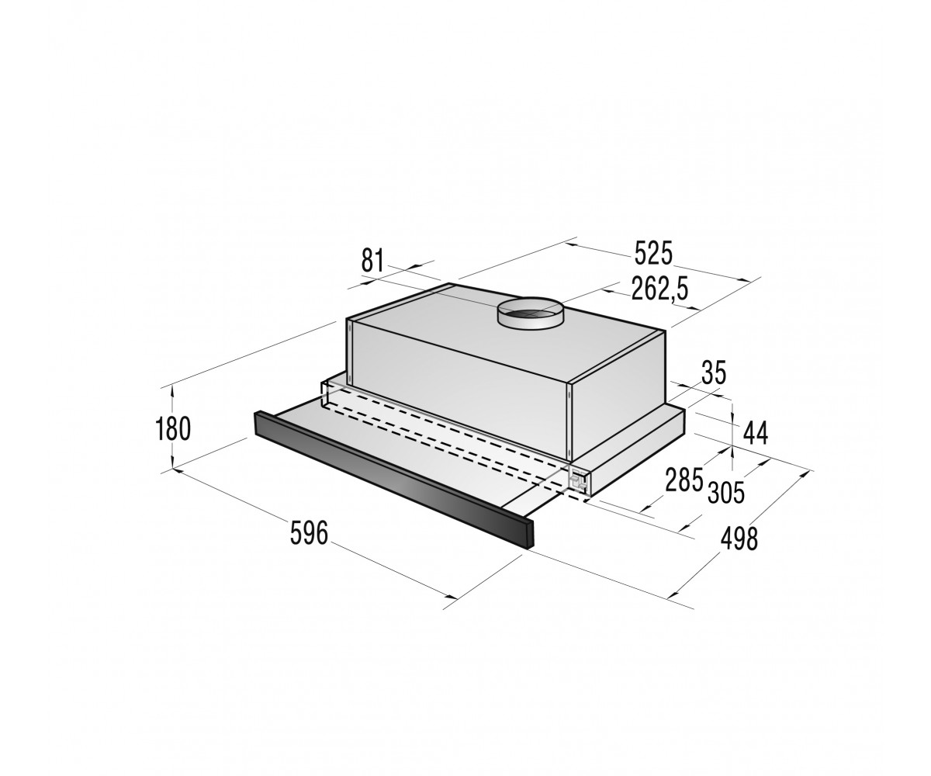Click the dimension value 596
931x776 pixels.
pyautogui.click(x=309, y=532)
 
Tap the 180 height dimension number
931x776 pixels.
pyautogui.click(x=173, y=428)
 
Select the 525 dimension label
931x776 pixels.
pyautogui.click(x=653, y=253)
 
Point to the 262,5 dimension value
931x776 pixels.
pyautogui.click(x=660, y=289)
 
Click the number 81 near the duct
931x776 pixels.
pyautogui.click(x=372, y=260)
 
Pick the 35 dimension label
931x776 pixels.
pyautogui.click(x=714, y=372)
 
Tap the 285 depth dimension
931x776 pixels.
pyautogui.click(x=684, y=479)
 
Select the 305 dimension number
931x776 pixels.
pyautogui.click(x=726, y=492)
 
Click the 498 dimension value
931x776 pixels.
pyautogui.click(x=739, y=539)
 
